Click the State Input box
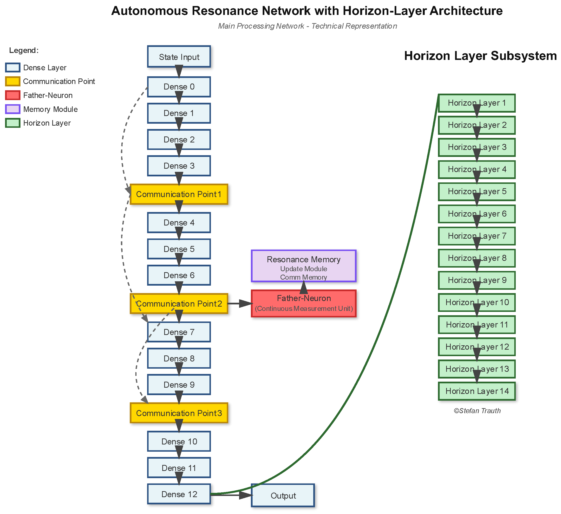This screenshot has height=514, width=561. click(x=179, y=57)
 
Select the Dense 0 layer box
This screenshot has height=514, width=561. click(x=179, y=87)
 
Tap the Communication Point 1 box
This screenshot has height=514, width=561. click(x=179, y=194)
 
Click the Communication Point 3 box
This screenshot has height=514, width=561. click(x=179, y=413)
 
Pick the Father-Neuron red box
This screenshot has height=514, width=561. click(x=304, y=303)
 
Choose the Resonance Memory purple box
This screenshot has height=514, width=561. click(x=304, y=266)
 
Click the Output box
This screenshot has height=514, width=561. click(x=283, y=495)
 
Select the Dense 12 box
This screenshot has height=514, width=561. click(x=179, y=494)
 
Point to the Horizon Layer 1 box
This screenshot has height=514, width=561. click(x=477, y=103)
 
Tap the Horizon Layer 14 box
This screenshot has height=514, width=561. click(x=477, y=391)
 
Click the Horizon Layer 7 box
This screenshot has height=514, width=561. click(x=477, y=236)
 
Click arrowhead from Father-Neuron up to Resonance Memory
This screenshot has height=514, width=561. click(x=304, y=287)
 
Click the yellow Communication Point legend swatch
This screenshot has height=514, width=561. click(x=13, y=82)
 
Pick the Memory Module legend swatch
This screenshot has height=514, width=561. click(x=13, y=109)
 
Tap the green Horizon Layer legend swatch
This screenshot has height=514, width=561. click(x=13, y=123)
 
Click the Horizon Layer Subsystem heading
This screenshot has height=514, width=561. click(x=480, y=56)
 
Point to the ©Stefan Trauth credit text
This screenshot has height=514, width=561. click(x=477, y=411)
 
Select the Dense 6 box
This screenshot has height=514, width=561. click(x=179, y=275)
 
